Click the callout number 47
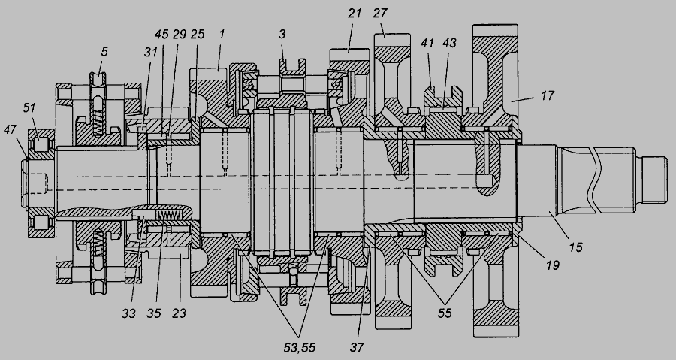10,130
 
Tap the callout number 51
29,107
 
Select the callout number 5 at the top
104,52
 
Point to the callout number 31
150,52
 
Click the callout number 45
161,35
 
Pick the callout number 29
180,35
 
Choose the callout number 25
198,35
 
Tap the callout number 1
222,35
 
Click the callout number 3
282,35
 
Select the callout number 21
355,14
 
